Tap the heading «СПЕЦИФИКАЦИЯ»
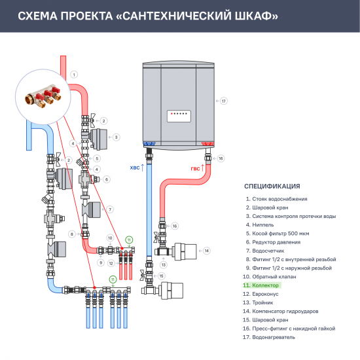point(272,186)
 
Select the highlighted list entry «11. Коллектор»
point(261,285)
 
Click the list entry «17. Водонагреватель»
point(270,337)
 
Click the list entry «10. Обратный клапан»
point(270,277)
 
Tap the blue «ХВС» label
point(135,168)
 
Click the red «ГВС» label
point(195,168)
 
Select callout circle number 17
point(223,101)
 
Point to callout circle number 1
point(74,75)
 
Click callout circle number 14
point(206,250)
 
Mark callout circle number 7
point(111,209)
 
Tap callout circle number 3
point(116,137)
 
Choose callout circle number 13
point(164,264)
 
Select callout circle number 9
point(101,262)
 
